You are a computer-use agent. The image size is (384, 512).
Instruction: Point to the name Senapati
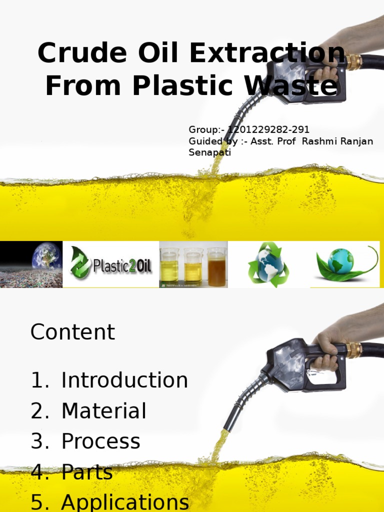coord(209,152)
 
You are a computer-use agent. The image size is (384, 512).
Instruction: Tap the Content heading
coord(73,332)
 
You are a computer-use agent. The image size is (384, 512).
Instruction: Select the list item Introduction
coord(124,380)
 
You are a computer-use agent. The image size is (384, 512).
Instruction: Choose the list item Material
coord(104,411)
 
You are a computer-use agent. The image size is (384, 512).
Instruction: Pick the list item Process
coord(101,441)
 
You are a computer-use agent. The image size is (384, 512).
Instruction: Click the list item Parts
coord(87,472)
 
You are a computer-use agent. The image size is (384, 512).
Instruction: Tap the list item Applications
coord(125,502)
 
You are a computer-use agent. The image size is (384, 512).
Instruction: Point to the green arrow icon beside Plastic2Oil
coord(80,263)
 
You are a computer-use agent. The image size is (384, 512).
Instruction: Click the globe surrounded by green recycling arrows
coord(268,264)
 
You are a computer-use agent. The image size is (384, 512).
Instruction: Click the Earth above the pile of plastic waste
coord(46,256)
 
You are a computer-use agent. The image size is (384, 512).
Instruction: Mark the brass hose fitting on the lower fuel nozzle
coord(354,349)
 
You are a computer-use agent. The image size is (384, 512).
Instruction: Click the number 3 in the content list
coord(37,441)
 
